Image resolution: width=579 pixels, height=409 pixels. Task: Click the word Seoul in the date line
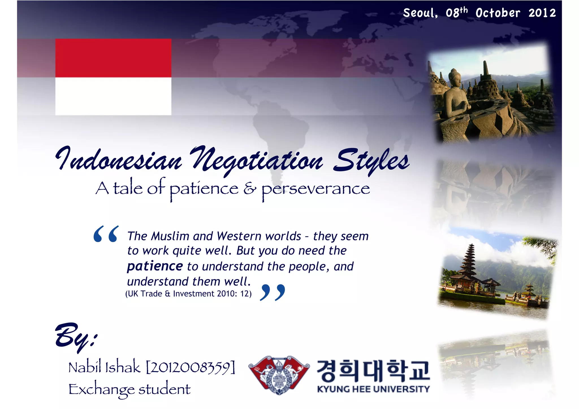pos(420,13)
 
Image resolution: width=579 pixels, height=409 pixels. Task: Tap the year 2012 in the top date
pos(542,13)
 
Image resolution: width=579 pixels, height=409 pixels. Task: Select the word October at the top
pos(498,13)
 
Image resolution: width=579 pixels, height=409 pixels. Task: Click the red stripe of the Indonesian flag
pos(113,58)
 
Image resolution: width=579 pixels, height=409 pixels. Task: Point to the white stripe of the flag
pos(113,96)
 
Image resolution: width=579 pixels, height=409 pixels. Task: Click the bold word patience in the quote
pos(155,266)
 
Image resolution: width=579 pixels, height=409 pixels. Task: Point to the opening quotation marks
pos(106,234)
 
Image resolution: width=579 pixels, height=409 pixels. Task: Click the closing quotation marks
pos(272,292)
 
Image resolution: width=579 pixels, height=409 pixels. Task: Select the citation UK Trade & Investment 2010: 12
pos(188,294)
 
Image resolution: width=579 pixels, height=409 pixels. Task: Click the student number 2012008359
pos(190,367)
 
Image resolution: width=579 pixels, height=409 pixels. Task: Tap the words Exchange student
pos(129,389)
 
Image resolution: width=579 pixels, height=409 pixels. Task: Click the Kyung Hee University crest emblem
pos(279,375)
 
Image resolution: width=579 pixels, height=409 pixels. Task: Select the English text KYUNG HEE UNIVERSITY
pos(373,389)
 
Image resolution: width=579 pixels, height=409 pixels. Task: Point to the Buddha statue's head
pos(455,76)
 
